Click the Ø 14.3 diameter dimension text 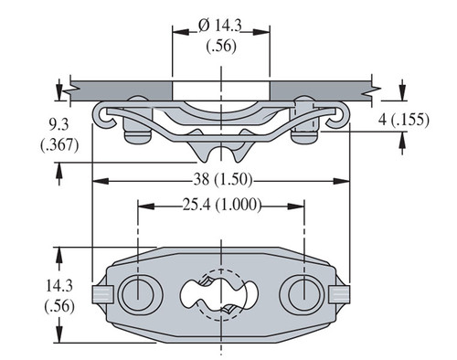point(219,26)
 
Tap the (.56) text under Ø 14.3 point(221,47)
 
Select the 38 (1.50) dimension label point(223,180)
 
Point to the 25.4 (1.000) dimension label point(222,205)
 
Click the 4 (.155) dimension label point(404,120)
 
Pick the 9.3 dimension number point(58,124)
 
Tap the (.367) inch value point(59,144)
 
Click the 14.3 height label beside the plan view point(59,286)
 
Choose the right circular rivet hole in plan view point(304,294)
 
